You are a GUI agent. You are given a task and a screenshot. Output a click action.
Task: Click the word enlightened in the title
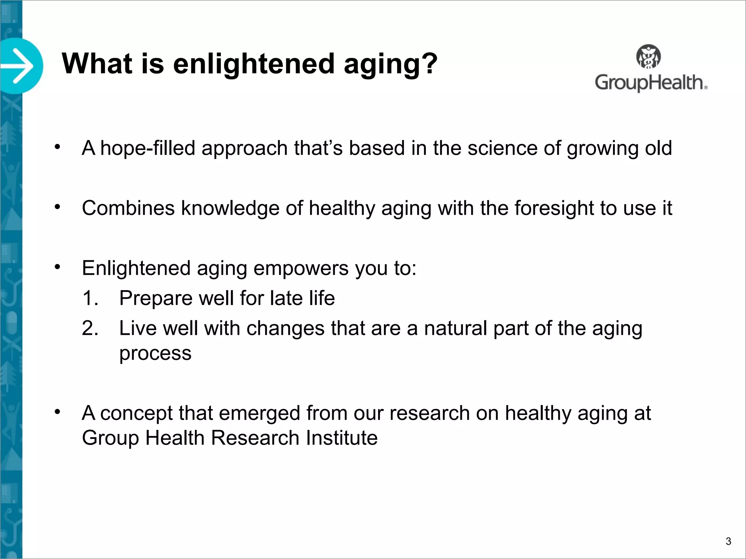click(254, 64)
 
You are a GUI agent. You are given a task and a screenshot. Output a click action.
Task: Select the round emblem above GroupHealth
click(648, 56)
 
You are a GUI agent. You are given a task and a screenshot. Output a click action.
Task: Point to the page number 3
click(728, 541)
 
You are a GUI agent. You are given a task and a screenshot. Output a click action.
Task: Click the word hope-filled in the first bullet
click(148, 148)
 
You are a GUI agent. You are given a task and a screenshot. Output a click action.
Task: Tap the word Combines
click(128, 208)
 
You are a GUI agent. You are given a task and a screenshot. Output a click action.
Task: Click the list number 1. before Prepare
click(90, 298)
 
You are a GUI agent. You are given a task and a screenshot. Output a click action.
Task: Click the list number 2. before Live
click(90, 328)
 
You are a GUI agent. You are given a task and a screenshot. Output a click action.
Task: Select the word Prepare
click(156, 298)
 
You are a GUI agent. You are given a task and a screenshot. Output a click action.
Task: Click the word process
click(155, 353)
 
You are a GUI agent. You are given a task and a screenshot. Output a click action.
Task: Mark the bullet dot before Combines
click(57, 207)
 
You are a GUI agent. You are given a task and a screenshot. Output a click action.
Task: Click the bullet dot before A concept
click(57, 412)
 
